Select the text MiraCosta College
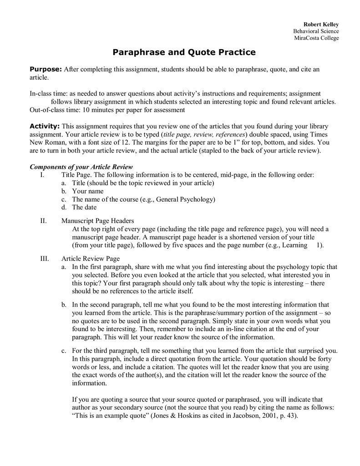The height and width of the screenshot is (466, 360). (x=316, y=38)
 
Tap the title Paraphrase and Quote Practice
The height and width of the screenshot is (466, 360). (x=184, y=52)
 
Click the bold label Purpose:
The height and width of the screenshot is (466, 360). (x=46, y=69)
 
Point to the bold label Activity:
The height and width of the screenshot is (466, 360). (x=45, y=126)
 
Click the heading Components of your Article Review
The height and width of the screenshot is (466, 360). (x=81, y=167)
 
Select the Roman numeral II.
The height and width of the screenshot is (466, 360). (x=43, y=221)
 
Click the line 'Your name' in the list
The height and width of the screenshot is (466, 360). (x=88, y=191)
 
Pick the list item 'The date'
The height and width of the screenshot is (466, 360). (x=84, y=207)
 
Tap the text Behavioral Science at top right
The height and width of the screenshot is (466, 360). (x=316, y=31)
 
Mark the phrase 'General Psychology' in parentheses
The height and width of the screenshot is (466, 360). (x=185, y=199)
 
